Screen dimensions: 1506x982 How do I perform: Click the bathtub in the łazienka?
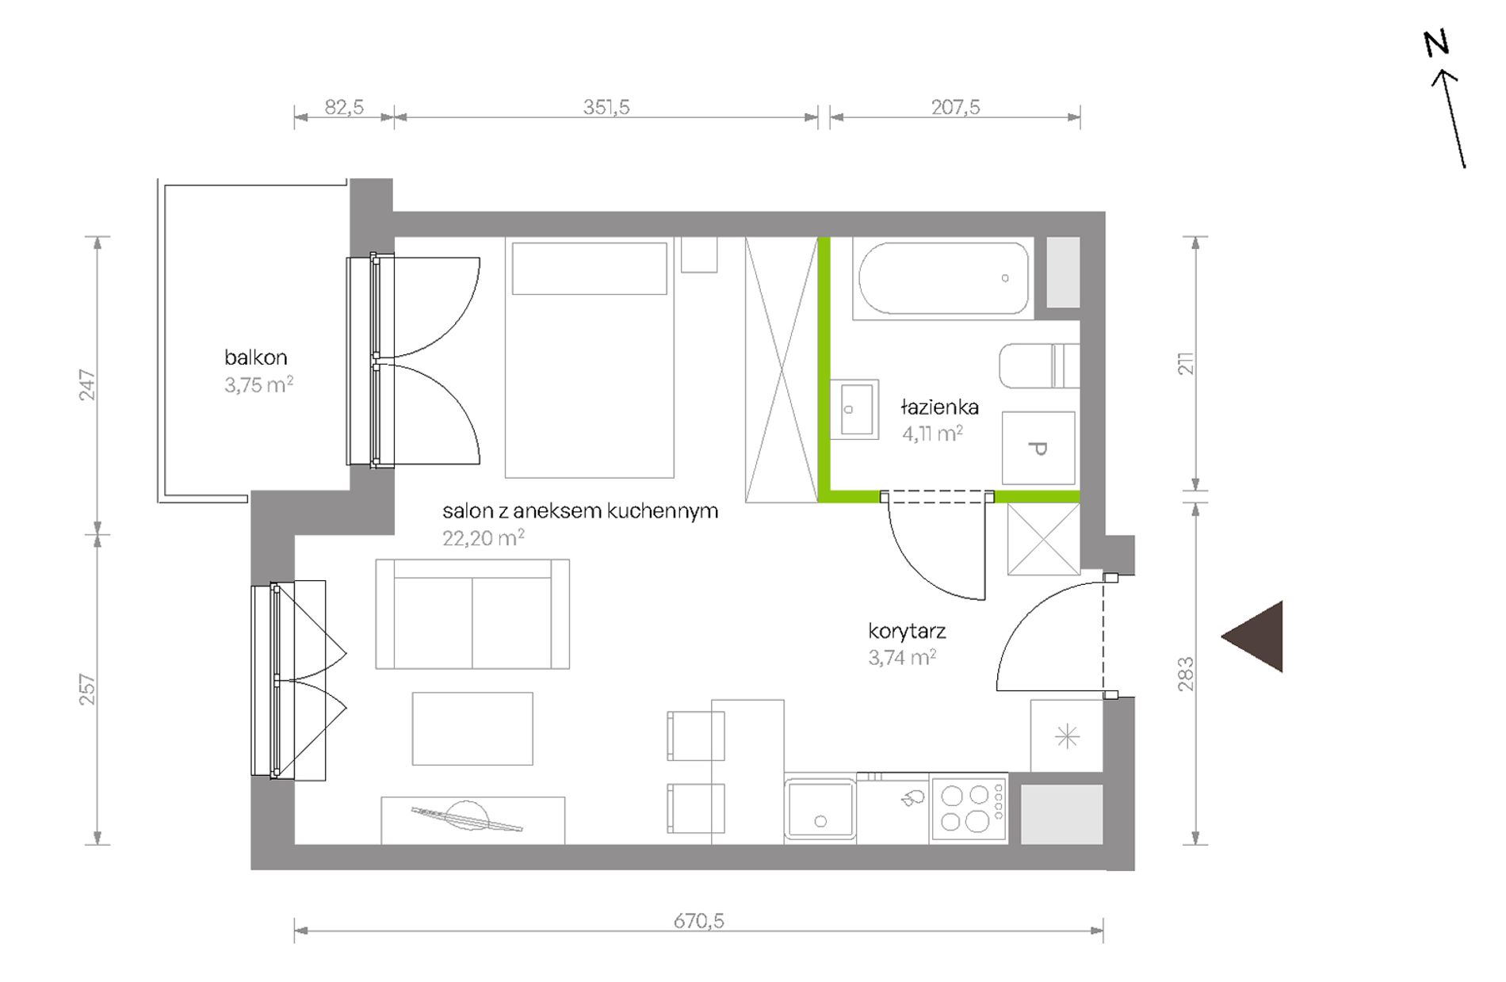pyautogui.click(x=943, y=278)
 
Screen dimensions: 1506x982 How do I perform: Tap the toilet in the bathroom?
pyautogui.click(x=1039, y=365)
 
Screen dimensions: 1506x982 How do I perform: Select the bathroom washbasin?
pyautogui.click(x=854, y=409)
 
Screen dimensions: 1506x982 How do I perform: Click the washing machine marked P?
pyautogui.click(x=1038, y=448)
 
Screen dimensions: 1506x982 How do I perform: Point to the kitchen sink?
pyautogui.click(x=820, y=808)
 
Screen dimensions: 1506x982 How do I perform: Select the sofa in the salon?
pyautogui.click(x=472, y=613)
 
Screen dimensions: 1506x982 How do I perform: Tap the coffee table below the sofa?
pyautogui.click(x=472, y=728)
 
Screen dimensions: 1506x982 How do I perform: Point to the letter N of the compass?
pyautogui.click(x=1436, y=44)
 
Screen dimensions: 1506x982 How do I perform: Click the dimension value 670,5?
pyautogui.click(x=698, y=920)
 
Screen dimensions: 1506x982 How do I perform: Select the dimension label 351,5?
pyautogui.click(x=606, y=107)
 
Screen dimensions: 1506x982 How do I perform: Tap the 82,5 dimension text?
pyautogui.click(x=344, y=107)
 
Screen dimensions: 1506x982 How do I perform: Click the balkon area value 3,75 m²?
pyautogui.click(x=258, y=385)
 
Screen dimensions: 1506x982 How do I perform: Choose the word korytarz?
pyautogui.click(x=907, y=632)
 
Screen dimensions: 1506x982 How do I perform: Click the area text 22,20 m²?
pyautogui.click(x=484, y=538)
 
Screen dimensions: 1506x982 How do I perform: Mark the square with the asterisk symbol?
pyautogui.click(x=1067, y=736)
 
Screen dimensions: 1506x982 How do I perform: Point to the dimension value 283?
pyautogui.click(x=1186, y=674)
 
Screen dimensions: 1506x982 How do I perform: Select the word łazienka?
pyautogui.click(x=939, y=407)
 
